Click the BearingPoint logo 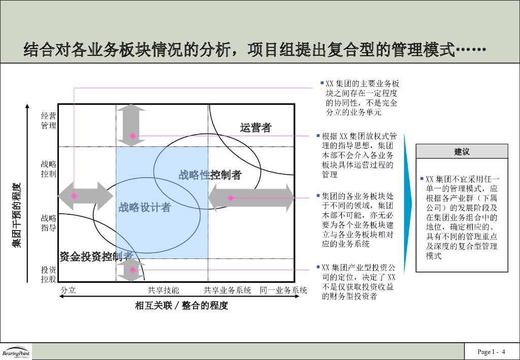pyautogui.click(x=16, y=352)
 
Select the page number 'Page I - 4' pyautogui.click(x=491, y=352)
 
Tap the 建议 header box pyautogui.click(x=462, y=151)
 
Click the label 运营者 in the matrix pyautogui.click(x=255, y=128)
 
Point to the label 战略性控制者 pyautogui.click(x=210, y=175)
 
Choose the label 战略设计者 pyautogui.click(x=145, y=207)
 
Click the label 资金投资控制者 pyautogui.click(x=96, y=256)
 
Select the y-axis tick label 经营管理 pyautogui.click(x=49, y=121)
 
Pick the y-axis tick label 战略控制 pyautogui.click(x=49, y=169)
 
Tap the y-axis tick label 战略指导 pyautogui.click(x=49, y=222)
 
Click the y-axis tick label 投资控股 pyautogui.click(x=49, y=274)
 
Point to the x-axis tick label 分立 pyautogui.click(x=68, y=290)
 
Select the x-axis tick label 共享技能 pyautogui.click(x=164, y=290)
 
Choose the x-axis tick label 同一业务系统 pyautogui.click(x=283, y=290)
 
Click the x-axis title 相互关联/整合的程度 pyautogui.click(x=181, y=306)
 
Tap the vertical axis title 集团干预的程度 pyautogui.click(x=16, y=215)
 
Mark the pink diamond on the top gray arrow pyautogui.click(x=133, y=136)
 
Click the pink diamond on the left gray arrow pyautogui.click(x=74, y=195)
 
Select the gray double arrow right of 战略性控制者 pyautogui.click(x=251, y=198)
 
